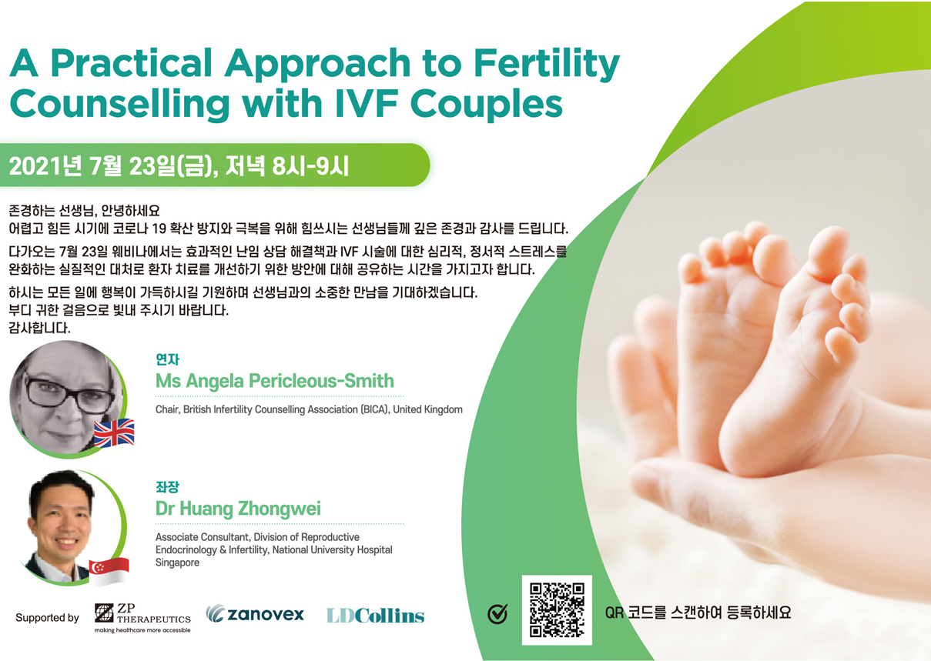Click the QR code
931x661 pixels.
(x=557, y=610)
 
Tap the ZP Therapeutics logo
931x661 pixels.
(x=142, y=618)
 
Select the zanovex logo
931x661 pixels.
(x=255, y=614)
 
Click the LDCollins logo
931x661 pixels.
(x=375, y=616)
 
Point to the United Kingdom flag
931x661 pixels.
(x=114, y=432)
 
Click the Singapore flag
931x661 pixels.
(x=109, y=572)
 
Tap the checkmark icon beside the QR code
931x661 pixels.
(x=497, y=613)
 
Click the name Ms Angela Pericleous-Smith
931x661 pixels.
(x=275, y=381)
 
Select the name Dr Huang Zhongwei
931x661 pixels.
(x=238, y=509)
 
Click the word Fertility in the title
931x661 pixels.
(x=547, y=64)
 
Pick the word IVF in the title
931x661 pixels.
(x=366, y=103)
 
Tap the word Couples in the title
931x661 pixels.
(x=486, y=105)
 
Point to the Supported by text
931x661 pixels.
(x=47, y=618)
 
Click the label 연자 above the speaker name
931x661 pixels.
(x=167, y=359)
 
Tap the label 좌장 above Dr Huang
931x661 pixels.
(x=167, y=486)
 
